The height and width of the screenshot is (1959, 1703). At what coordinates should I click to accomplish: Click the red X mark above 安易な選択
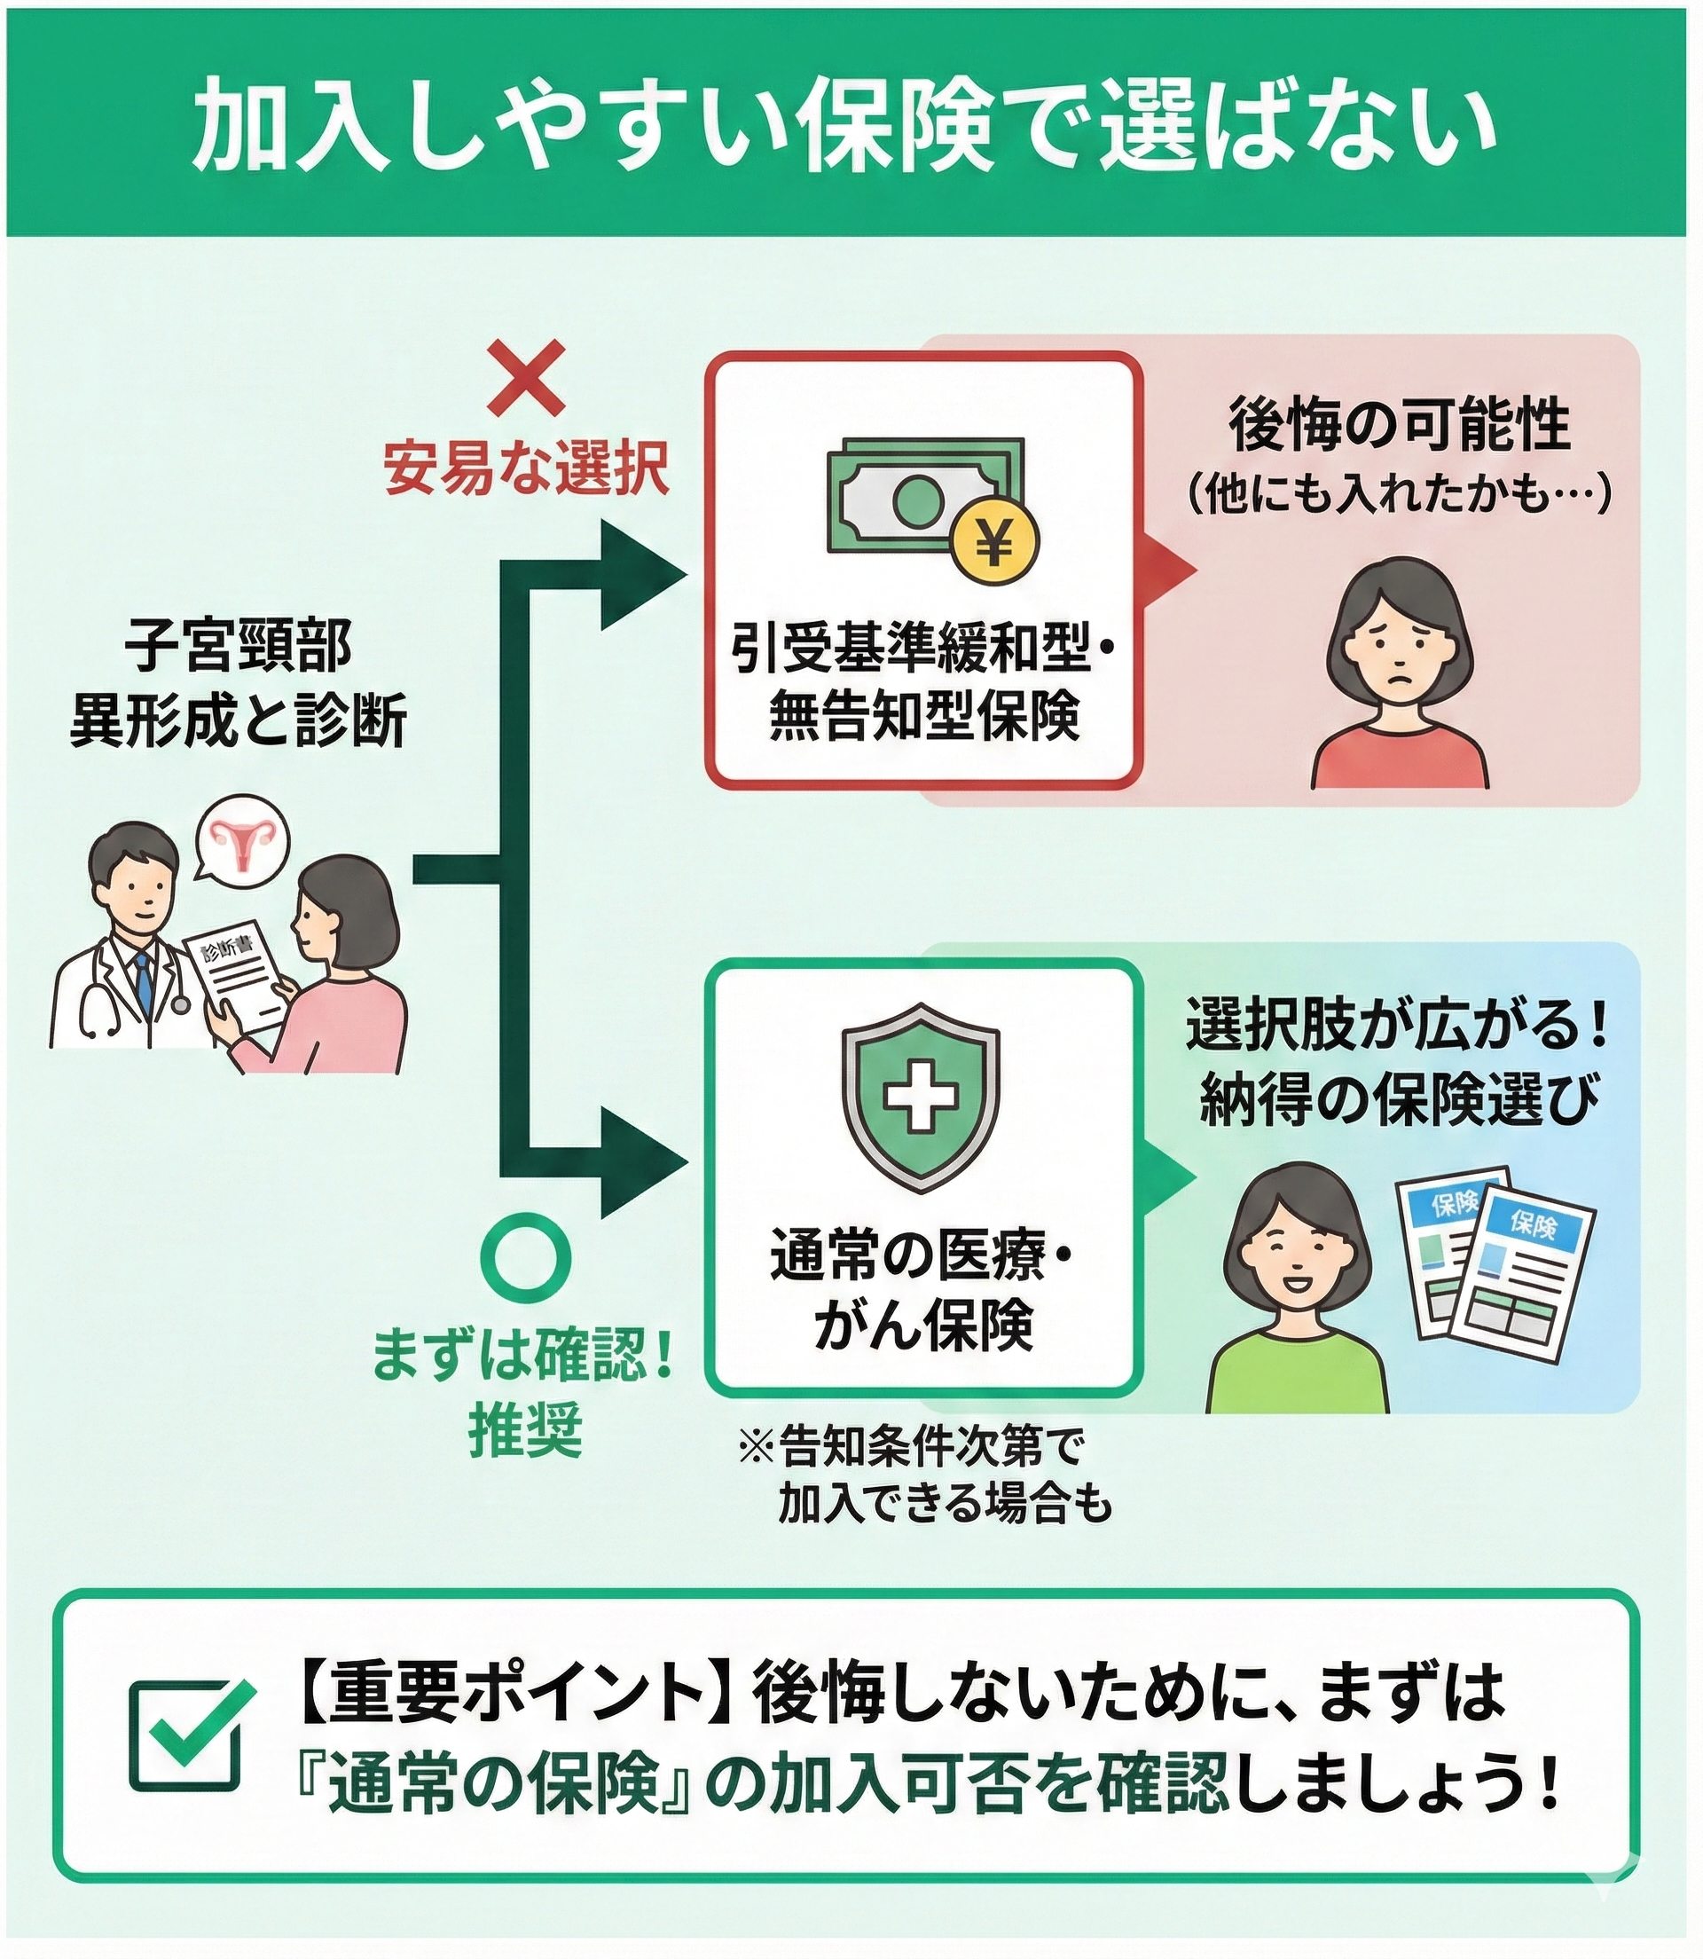point(525,378)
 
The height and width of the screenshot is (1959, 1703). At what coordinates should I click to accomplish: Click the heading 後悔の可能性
point(1399,427)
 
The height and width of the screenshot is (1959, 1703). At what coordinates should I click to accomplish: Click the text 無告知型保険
point(923,718)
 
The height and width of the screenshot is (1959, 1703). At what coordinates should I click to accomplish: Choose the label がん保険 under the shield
point(922,1326)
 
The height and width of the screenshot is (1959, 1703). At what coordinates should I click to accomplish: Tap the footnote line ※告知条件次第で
point(910,1447)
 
